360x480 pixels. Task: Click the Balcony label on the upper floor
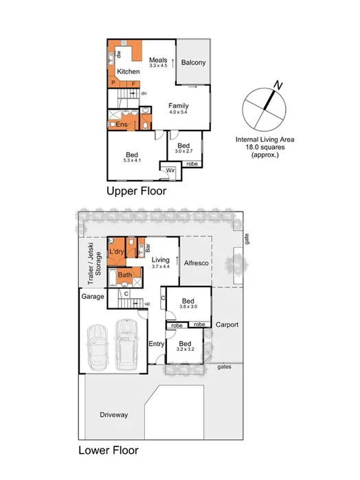(193, 62)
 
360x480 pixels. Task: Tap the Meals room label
(159, 60)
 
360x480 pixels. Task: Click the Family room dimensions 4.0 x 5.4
(179, 112)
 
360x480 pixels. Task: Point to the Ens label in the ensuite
(121, 124)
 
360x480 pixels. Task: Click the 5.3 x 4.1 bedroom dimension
(132, 160)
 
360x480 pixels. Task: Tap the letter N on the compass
(278, 85)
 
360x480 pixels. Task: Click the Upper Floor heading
(135, 192)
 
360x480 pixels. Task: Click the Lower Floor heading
(108, 451)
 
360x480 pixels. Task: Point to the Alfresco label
(196, 263)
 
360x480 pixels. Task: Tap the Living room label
(160, 260)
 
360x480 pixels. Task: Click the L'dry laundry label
(116, 253)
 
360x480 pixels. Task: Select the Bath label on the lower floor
(124, 275)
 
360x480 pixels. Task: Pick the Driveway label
(113, 415)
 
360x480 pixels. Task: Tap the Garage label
(93, 297)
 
